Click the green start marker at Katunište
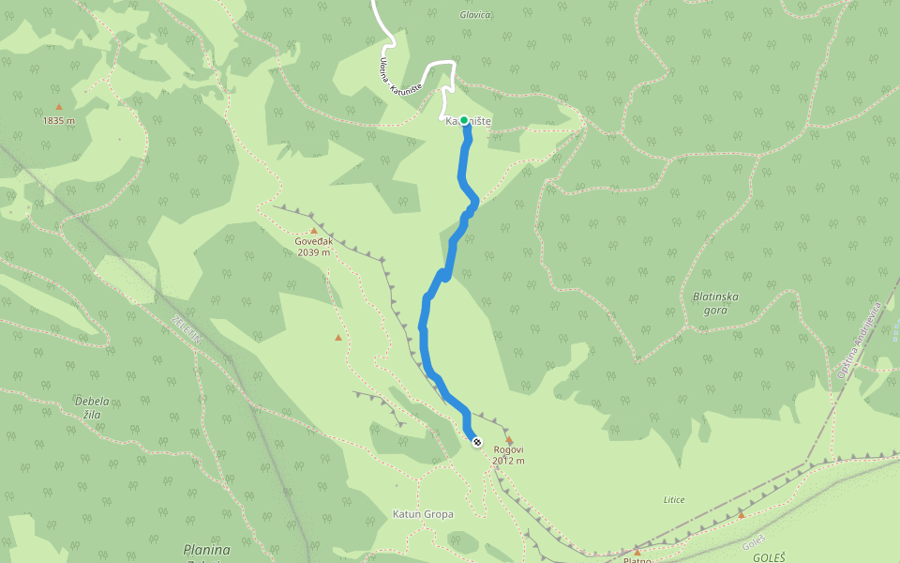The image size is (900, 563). pyautogui.click(x=464, y=120)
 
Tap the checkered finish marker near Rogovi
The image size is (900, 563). pyautogui.click(x=477, y=441)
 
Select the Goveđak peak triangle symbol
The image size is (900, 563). pyautogui.click(x=314, y=230)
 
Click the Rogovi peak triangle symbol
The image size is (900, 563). pyautogui.click(x=509, y=439)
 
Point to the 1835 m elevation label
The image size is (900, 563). pyautogui.click(x=58, y=120)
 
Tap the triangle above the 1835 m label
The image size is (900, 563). pyautogui.click(x=58, y=107)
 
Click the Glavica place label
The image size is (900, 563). pyautogui.click(x=476, y=15)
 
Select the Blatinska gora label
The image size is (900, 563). pyautogui.click(x=716, y=302)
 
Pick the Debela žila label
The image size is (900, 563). pyautogui.click(x=92, y=406)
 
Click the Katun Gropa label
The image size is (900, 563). pyautogui.click(x=423, y=514)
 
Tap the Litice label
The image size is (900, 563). pyautogui.click(x=673, y=499)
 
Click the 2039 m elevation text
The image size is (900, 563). pyautogui.click(x=314, y=252)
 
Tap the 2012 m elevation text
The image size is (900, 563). pyautogui.click(x=509, y=461)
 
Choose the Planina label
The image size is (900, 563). pyautogui.click(x=207, y=549)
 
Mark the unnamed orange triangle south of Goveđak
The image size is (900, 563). pyautogui.click(x=338, y=337)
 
